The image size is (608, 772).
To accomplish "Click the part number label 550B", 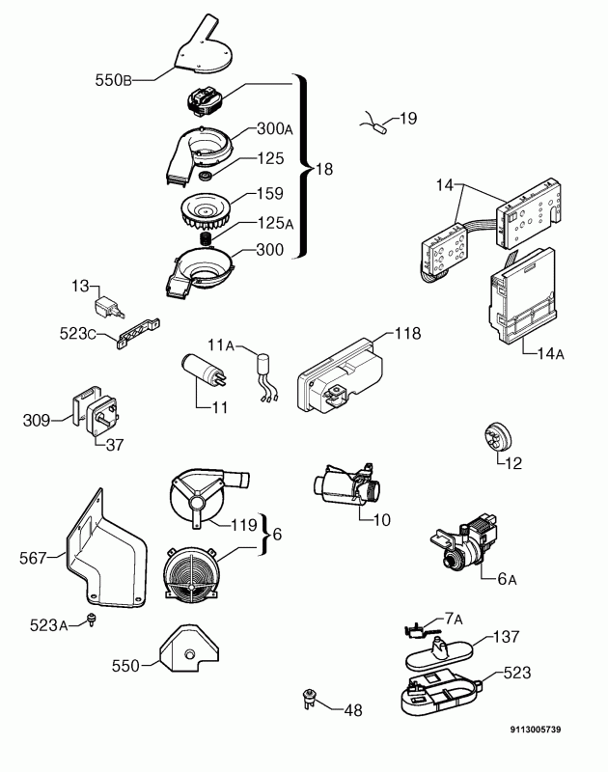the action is coord(113,80).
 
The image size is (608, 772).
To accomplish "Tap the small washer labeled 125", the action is coord(205,176).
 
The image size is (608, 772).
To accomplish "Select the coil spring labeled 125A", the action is coord(206,239).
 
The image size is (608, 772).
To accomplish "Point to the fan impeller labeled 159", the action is coord(207,212).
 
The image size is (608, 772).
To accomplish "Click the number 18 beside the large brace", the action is coord(324,170).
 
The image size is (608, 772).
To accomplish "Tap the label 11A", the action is coord(221,345).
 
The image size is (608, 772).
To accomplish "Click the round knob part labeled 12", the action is coord(497,436).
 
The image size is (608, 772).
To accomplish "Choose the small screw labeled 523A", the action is coord(91,620).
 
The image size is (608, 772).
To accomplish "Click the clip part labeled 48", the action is coord(309,699).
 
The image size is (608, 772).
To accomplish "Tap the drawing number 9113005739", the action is coord(536,730).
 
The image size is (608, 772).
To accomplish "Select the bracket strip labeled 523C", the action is coord(138,333).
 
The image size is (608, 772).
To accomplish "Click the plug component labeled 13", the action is coord(109,307).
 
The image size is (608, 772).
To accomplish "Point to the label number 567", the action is coord(33,558).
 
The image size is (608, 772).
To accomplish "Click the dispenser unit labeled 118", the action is coord(339,375).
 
